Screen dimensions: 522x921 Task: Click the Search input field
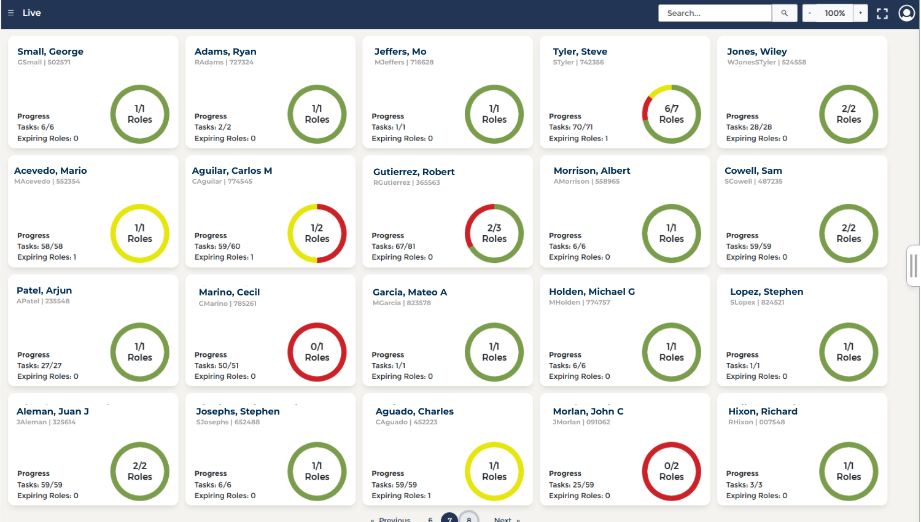pos(714,13)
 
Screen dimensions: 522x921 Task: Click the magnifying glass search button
pos(784,13)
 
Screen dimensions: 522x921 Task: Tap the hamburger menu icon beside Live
pos(10,13)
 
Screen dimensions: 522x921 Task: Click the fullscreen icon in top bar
pos(882,14)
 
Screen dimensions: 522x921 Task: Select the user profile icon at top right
pos(906,13)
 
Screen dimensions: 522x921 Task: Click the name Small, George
pos(50,52)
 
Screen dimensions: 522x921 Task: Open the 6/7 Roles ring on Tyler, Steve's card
pos(671,114)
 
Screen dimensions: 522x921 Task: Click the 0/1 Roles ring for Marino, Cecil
pos(317,352)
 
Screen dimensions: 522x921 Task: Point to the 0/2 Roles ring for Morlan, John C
pos(671,471)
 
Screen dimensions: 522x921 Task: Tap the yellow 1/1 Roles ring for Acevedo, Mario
pos(139,233)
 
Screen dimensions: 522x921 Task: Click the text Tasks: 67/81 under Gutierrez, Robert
pos(393,246)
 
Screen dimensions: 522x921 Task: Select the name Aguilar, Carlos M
pos(232,171)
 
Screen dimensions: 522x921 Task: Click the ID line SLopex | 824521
pos(757,302)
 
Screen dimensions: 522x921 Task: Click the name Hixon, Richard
pos(763,411)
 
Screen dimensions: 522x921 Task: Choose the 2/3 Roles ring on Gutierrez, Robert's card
pos(494,233)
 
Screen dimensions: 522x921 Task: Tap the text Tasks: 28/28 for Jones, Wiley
pos(748,127)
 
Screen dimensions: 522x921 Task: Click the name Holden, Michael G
pos(592,292)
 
